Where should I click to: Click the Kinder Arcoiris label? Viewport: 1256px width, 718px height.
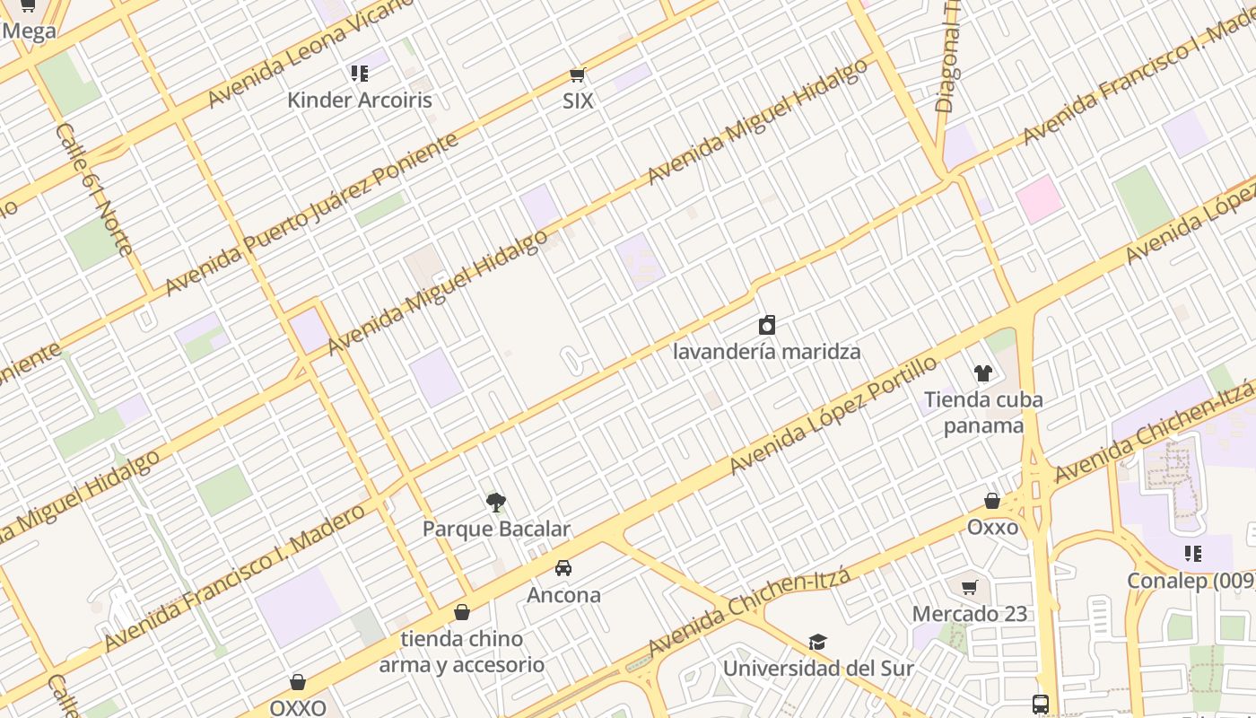click(x=359, y=100)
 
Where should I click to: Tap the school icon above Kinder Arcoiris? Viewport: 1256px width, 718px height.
click(x=360, y=74)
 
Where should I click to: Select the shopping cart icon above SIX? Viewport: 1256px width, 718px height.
click(x=577, y=75)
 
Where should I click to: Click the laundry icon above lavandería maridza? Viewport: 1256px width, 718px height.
click(x=767, y=324)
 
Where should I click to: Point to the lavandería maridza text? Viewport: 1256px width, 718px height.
click(x=767, y=351)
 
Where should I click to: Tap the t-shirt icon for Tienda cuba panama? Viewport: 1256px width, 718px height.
click(x=983, y=373)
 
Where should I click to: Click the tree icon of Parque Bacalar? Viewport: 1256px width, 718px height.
click(x=495, y=503)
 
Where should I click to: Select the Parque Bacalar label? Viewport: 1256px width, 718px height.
click(x=496, y=529)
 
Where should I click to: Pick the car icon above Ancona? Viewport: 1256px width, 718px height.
click(x=563, y=568)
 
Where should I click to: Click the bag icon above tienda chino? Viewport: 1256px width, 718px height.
click(x=462, y=612)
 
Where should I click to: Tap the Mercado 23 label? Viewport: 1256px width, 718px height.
click(x=969, y=614)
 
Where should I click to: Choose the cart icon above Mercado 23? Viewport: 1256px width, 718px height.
click(x=969, y=588)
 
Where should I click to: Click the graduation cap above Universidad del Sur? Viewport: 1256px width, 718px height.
click(x=817, y=643)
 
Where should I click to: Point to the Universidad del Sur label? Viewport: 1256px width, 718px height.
click(x=817, y=669)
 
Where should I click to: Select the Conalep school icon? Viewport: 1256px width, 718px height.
click(x=1192, y=554)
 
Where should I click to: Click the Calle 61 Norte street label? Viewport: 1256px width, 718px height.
click(x=94, y=188)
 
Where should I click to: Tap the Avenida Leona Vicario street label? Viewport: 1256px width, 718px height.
click(x=310, y=54)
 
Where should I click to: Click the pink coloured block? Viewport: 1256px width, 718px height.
click(x=1040, y=199)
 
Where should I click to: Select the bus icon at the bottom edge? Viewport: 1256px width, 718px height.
click(x=1041, y=705)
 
